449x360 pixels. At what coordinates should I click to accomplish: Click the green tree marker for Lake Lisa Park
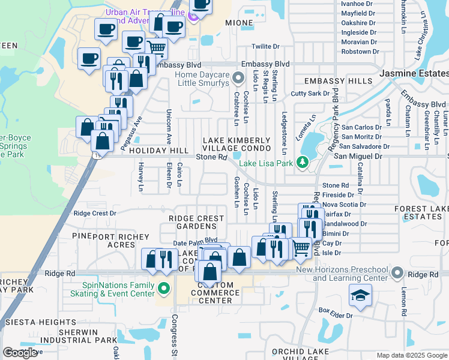(303, 162)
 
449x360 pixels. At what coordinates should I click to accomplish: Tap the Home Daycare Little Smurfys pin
(238, 78)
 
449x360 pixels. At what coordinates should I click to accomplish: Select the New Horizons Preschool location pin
(397, 273)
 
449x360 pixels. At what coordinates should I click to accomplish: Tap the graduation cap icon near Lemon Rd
(360, 296)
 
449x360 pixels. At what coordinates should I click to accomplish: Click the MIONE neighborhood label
(239, 23)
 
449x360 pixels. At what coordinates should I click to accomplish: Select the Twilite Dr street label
(266, 46)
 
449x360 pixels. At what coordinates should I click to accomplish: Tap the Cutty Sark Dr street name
(310, 94)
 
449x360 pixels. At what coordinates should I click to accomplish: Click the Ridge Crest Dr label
(95, 213)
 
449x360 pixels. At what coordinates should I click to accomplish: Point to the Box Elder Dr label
(336, 311)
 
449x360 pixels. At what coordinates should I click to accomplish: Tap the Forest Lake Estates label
(421, 212)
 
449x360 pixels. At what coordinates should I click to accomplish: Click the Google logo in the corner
(20, 353)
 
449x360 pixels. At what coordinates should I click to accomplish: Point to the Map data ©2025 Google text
(411, 355)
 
